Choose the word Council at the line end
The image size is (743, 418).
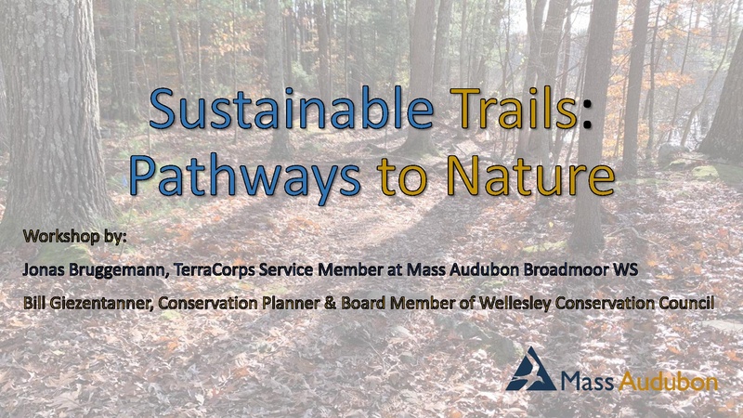pyautogui.click(x=686, y=303)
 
